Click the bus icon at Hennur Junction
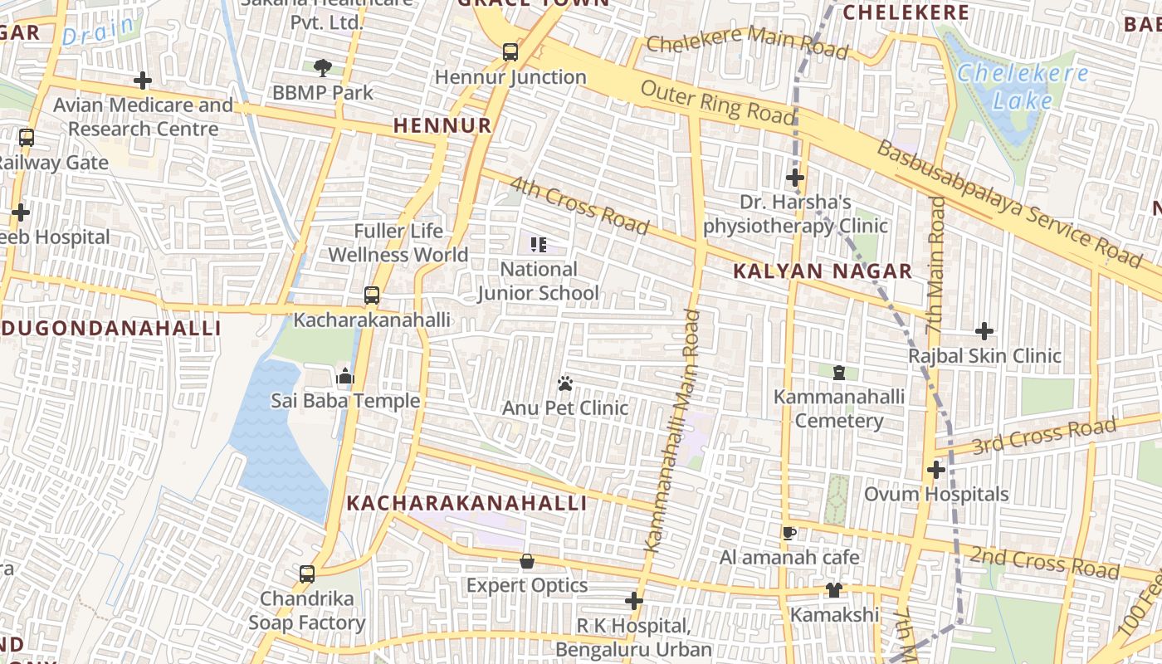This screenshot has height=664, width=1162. point(510,52)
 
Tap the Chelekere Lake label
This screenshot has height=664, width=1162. point(1023,87)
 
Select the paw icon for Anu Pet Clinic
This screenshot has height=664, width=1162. point(566,383)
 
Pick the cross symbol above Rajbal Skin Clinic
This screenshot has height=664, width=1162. point(984,331)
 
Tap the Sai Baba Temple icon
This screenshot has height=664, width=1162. point(345,376)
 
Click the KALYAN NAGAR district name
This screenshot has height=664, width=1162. point(823,271)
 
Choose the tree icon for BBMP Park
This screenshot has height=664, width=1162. point(323,67)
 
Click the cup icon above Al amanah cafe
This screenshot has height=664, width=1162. point(789,532)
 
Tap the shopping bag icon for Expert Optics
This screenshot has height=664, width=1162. point(526,561)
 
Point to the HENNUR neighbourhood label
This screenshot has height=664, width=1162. point(442,126)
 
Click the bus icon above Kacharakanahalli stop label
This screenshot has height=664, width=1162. point(372,295)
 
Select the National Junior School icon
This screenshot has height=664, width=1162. point(539,244)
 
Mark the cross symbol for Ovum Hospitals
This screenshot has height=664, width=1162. point(936,470)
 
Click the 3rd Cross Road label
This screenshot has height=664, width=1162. point(1043,437)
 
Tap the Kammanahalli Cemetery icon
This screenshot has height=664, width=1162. point(839,373)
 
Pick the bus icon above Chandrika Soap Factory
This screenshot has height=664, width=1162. point(307,574)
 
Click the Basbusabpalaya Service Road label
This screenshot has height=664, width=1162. point(1008,203)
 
